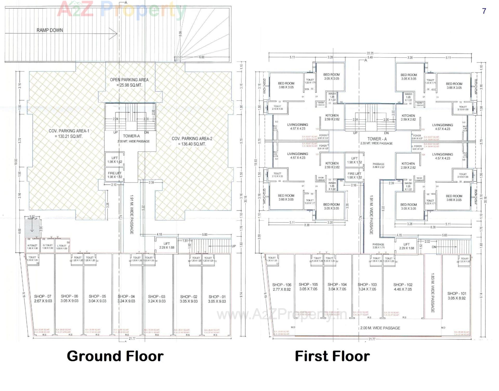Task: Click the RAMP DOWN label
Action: tap(50, 30)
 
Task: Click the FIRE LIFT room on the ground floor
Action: tap(115, 175)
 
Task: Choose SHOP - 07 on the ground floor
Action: tap(43, 298)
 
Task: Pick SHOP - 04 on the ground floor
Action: tap(126, 299)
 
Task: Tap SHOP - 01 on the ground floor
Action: tap(217, 299)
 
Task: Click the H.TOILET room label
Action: tap(32, 246)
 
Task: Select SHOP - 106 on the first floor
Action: tap(282, 287)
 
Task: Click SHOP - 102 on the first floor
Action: tap(403, 287)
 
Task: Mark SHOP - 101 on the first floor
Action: tap(457, 296)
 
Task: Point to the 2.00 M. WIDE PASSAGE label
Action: tap(380, 328)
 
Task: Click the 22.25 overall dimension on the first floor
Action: tap(370, 53)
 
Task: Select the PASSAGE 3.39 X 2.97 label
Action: tap(378, 165)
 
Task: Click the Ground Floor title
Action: tap(115, 356)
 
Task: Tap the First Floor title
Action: tap(332, 356)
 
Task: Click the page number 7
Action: tap(484, 11)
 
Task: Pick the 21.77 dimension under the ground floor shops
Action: tap(132, 338)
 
